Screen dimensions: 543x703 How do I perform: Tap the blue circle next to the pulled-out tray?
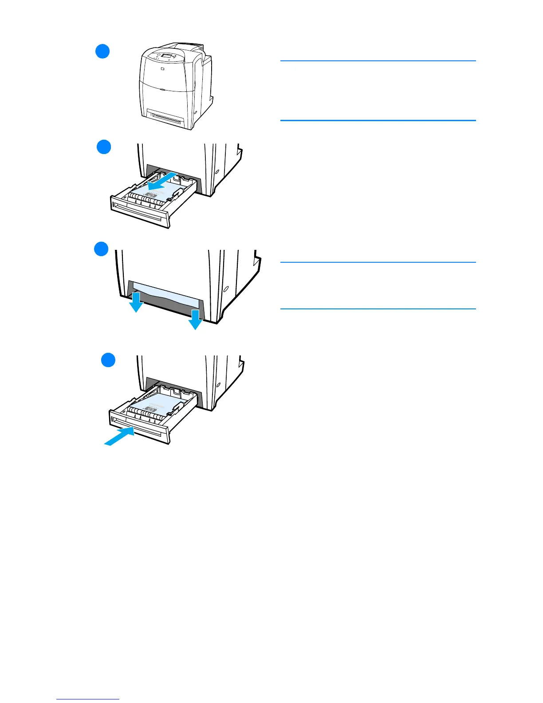point(104,147)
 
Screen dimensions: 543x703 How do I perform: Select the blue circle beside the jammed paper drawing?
point(101,249)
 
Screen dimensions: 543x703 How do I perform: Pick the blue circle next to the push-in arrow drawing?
point(108,359)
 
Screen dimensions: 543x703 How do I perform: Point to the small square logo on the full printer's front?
point(162,70)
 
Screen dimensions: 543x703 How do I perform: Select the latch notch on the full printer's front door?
point(163,89)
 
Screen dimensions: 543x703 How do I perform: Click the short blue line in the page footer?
point(88,699)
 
